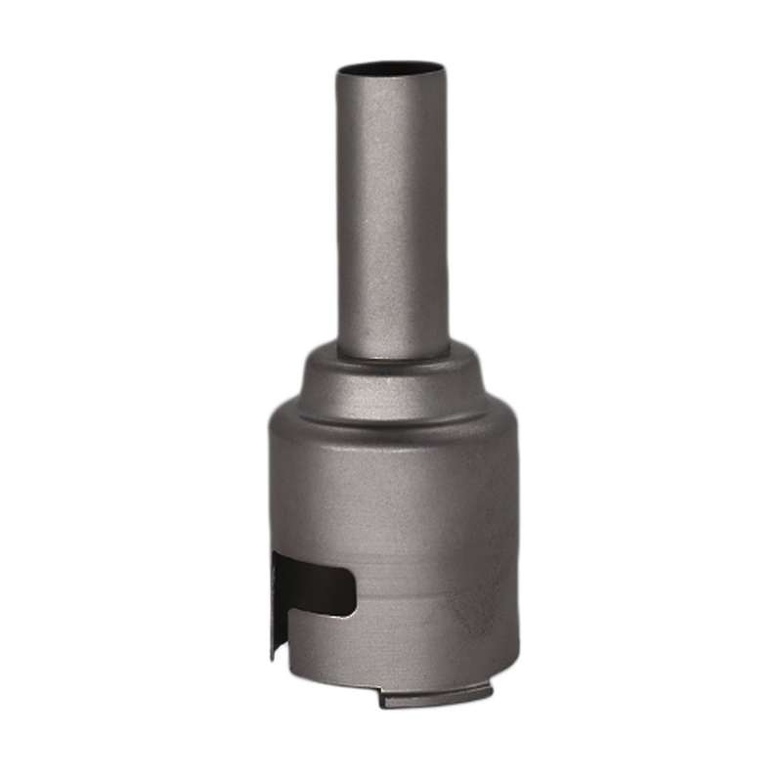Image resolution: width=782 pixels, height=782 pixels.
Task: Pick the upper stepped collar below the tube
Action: (x=391, y=376)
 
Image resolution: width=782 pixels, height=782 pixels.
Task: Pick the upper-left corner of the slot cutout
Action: (x=279, y=554)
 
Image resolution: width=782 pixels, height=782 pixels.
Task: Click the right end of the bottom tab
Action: (x=489, y=692)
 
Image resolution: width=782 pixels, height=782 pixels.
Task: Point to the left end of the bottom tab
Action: (x=384, y=699)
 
